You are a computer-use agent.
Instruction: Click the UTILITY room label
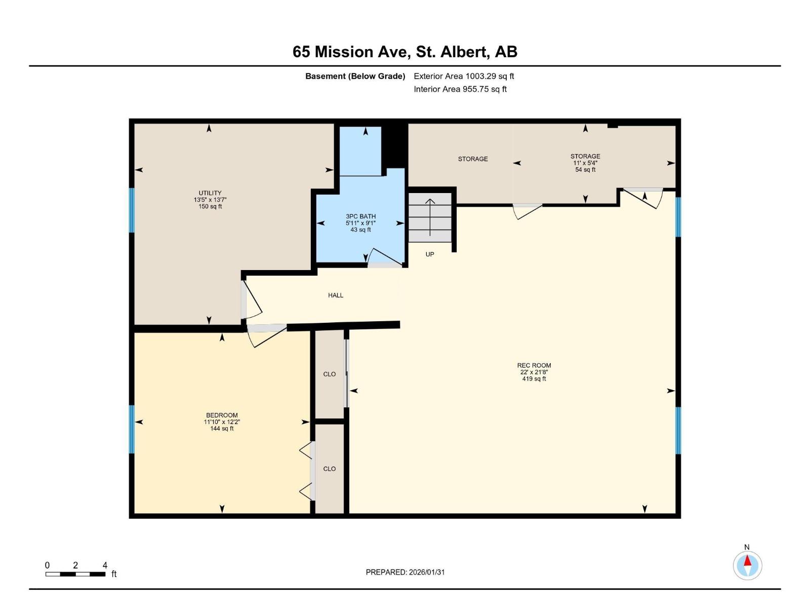click(210, 193)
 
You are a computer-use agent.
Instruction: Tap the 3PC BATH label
click(360, 216)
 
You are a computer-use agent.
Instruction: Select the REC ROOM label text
click(534, 365)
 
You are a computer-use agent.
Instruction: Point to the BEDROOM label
click(222, 415)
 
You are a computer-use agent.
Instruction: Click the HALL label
click(336, 295)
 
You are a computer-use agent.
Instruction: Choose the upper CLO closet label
click(330, 374)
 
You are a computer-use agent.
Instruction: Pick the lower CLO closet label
click(330, 469)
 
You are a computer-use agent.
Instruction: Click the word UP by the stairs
click(430, 254)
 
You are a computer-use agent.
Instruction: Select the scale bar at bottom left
click(75, 574)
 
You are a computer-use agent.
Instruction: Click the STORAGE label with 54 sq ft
click(585, 157)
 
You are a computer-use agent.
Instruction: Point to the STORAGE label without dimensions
click(473, 159)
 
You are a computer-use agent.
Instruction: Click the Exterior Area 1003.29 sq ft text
click(464, 77)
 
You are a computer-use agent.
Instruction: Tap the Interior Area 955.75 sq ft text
click(460, 89)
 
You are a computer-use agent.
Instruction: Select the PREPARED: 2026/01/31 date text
click(405, 572)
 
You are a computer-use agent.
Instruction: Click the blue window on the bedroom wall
click(132, 429)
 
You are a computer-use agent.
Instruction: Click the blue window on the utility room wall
click(132, 210)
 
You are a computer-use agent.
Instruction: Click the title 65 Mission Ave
click(405, 52)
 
